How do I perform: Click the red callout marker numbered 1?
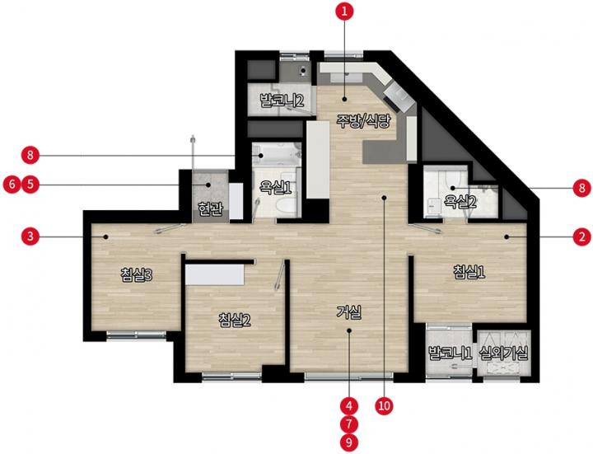point(344,11)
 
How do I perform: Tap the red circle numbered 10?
point(384,406)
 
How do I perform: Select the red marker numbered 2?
point(582,237)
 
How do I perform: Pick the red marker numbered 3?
point(30,236)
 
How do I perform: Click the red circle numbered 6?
point(12,185)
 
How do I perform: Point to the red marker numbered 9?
point(348,442)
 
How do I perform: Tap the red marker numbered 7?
point(348,424)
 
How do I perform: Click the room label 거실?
point(349,312)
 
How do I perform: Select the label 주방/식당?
point(363,121)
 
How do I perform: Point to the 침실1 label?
point(469,272)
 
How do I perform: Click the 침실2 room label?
point(235,320)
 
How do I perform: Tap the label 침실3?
point(136,274)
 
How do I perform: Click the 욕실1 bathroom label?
point(275,187)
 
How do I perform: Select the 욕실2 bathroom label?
point(460,202)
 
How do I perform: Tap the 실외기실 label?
point(503,353)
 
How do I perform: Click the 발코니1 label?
point(450,353)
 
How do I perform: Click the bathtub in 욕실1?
point(277,155)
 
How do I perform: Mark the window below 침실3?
point(136,335)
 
